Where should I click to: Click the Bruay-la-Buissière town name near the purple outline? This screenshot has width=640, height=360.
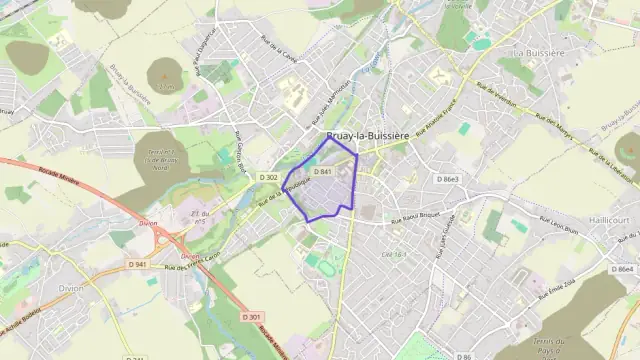coord(368,139)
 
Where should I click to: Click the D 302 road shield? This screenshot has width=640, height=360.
coord(268,177)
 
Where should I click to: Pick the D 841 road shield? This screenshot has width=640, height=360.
coord(322,172)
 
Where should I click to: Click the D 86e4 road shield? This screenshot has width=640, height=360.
coord(625,269)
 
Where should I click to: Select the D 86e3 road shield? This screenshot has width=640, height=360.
coord(448,178)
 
